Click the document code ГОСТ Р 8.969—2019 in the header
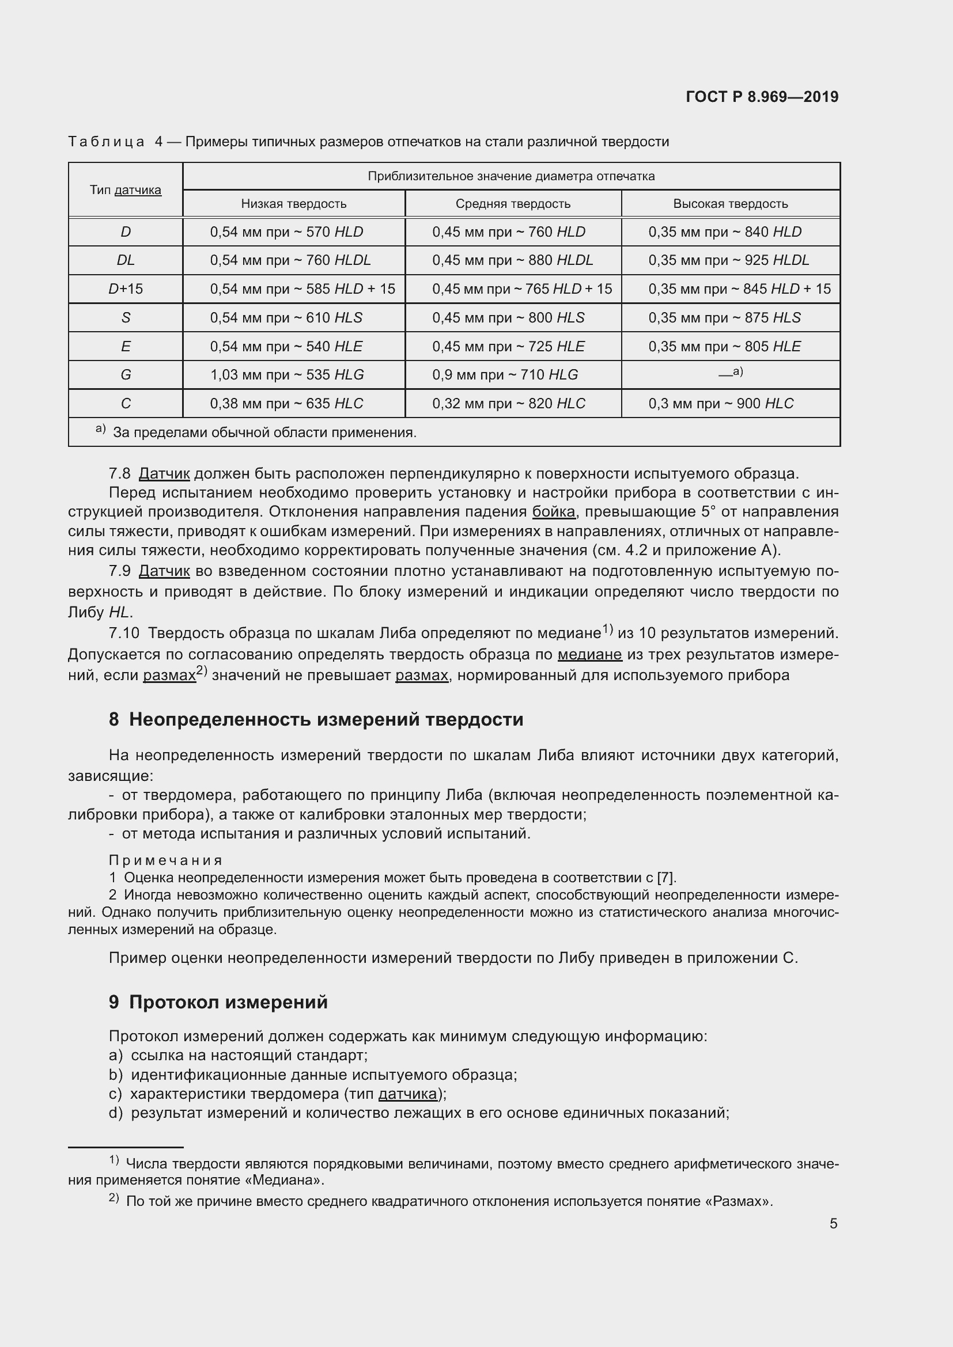[x=762, y=97]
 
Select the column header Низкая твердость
[x=293, y=203]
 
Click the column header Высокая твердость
[x=730, y=203]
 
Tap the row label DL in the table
[x=126, y=260]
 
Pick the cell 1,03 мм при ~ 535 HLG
[x=287, y=374]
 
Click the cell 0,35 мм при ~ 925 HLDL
[x=728, y=260]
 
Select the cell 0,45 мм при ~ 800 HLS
[x=508, y=317]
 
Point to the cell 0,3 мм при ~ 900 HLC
[x=721, y=403]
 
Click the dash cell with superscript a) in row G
[x=730, y=373]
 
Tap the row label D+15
[x=126, y=289]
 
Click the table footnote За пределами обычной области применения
[x=264, y=432]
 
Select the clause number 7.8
[x=120, y=473]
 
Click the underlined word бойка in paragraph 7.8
[x=553, y=511]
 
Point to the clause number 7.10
[x=124, y=633]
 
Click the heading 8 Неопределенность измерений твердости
[x=316, y=719]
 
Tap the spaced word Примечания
[x=165, y=860]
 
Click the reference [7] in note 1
[x=666, y=878]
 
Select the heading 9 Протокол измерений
[x=218, y=1002]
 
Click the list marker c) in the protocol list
[x=115, y=1094]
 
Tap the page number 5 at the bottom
[x=833, y=1223]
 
